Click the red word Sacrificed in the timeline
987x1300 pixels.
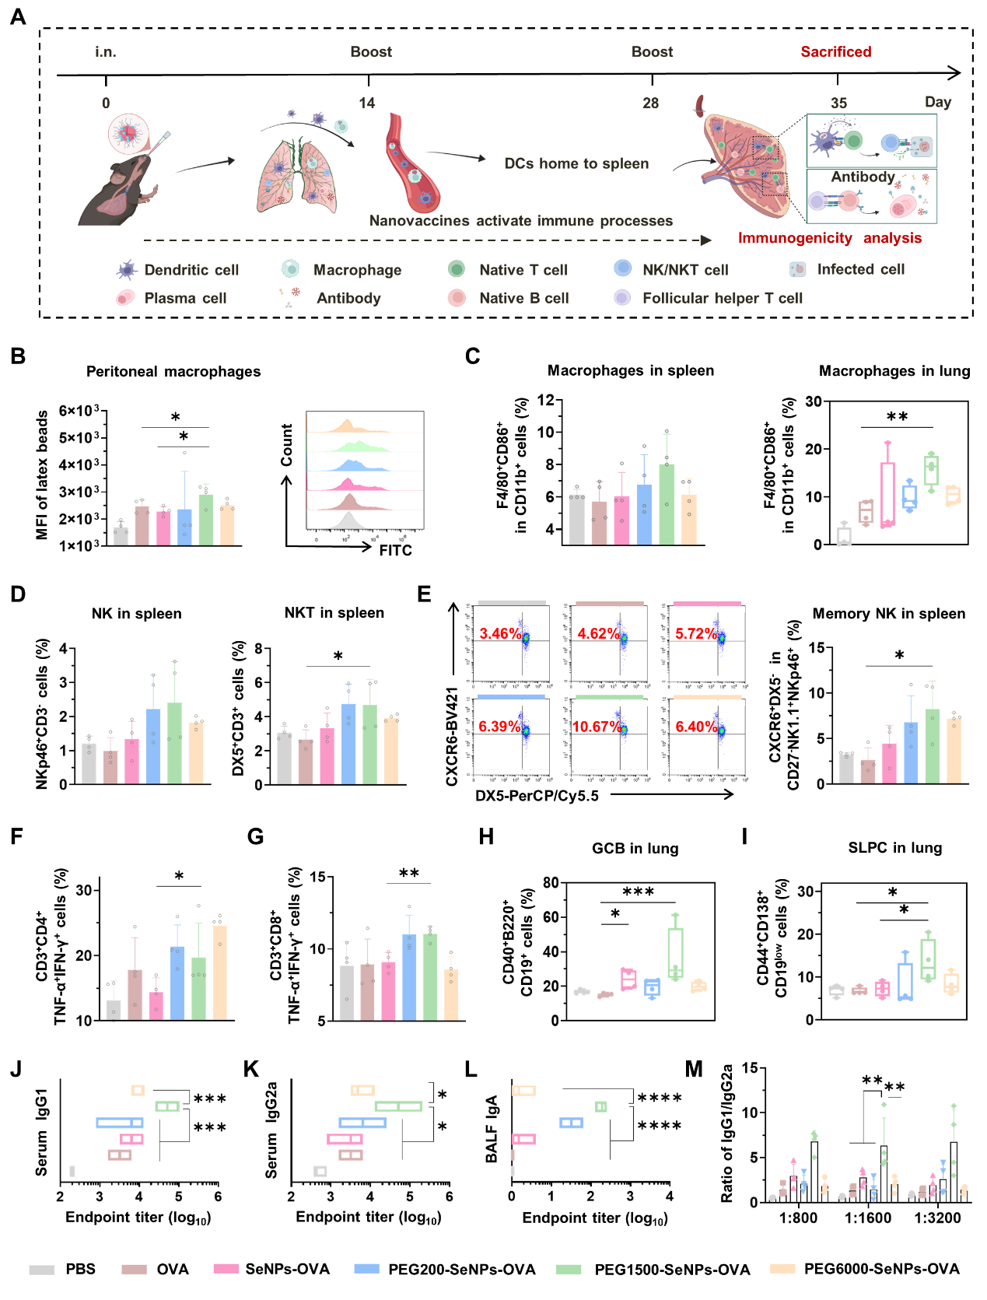(835, 52)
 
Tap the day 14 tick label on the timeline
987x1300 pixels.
(367, 103)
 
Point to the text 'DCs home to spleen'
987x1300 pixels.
(576, 163)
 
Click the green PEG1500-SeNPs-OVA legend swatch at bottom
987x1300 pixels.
(569, 1269)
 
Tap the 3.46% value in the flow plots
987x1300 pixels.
(500, 633)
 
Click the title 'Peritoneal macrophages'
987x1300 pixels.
(173, 372)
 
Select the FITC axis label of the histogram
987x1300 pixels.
(395, 551)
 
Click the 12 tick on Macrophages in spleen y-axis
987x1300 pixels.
(545, 400)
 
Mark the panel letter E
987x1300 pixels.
(424, 594)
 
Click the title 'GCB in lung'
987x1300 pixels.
(635, 848)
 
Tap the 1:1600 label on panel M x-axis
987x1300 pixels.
(868, 1218)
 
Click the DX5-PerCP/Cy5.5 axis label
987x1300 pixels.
(537, 795)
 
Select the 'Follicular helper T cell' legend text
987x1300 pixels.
(722, 298)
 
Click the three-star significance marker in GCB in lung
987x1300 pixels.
(638, 892)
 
